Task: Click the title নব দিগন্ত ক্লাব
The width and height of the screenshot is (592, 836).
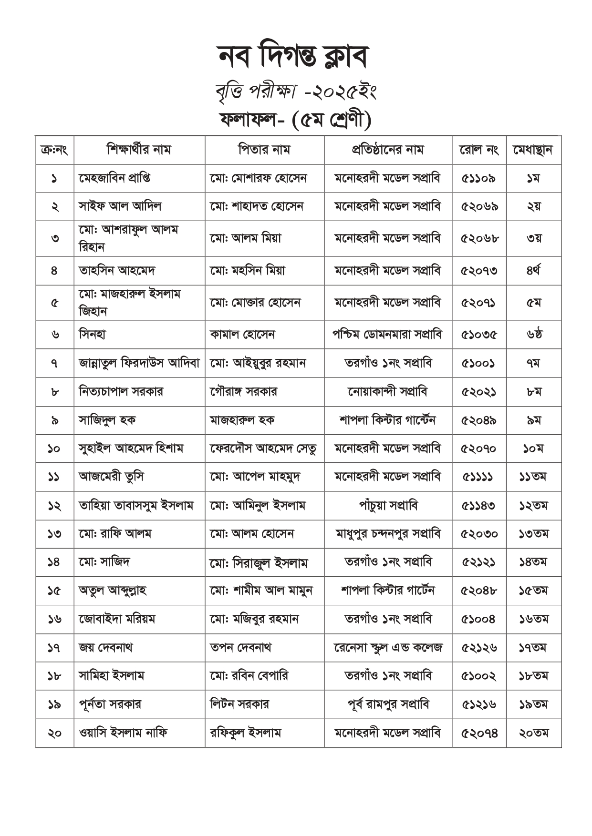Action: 293,57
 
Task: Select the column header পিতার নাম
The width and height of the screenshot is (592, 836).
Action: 264,150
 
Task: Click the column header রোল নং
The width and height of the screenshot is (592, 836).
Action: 479,150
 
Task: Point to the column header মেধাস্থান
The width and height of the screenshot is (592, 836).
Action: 533,150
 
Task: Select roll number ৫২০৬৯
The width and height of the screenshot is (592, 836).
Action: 479,206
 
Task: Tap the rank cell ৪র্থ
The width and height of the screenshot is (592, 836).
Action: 533,271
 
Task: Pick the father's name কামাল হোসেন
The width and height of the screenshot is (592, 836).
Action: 242,335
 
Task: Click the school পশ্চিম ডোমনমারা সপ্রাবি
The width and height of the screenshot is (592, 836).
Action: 387,335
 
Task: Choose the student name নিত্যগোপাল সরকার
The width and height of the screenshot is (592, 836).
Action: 121,392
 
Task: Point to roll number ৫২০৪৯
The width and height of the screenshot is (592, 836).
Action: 479,420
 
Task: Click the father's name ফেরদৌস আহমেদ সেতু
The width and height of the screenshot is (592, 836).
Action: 263,449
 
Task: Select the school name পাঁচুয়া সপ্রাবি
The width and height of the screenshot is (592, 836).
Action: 388,505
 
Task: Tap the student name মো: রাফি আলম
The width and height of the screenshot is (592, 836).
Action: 115,534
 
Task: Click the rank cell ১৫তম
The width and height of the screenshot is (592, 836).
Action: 533,591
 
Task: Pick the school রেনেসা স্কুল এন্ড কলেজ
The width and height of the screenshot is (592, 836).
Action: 388,647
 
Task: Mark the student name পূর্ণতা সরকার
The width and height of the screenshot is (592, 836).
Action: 110,704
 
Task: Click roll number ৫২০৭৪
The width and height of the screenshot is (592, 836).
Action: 479,733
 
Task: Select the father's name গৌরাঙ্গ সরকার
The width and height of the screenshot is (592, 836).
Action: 243,392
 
